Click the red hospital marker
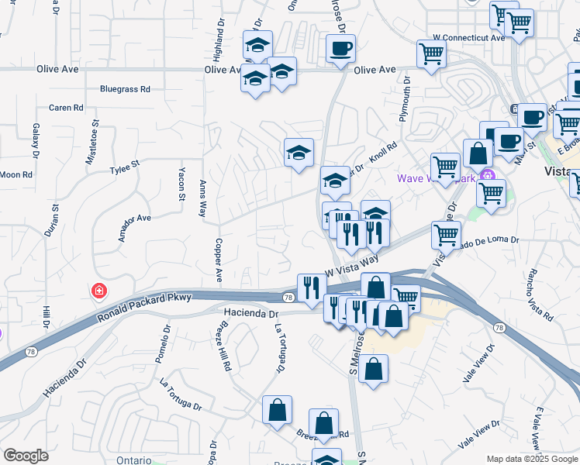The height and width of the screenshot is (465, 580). point(98,291)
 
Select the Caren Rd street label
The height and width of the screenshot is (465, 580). point(65,108)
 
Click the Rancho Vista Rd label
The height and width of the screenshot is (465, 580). point(539,295)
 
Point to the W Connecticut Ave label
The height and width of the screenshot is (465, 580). point(469,36)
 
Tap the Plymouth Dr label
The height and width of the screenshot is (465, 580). point(405,97)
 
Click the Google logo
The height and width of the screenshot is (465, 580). point(26,456)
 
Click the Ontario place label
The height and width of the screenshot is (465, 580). point(133,460)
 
